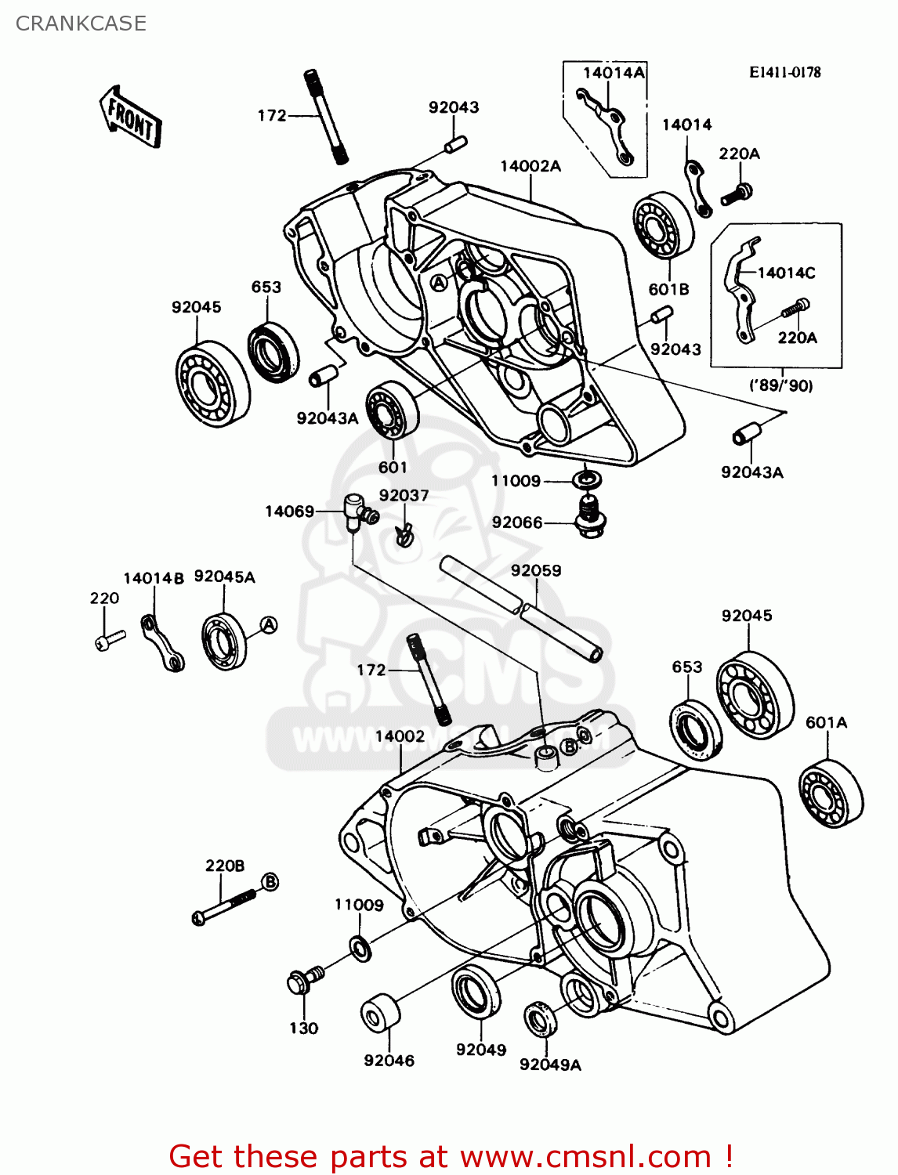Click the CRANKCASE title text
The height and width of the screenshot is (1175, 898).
(x=81, y=23)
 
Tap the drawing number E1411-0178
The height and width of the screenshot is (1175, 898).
(x=784, y=72)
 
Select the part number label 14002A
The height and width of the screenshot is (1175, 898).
(x=530, y=166)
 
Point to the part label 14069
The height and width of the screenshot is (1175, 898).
(x=289, y=512)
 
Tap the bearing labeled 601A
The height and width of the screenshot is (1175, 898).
(x=831, y=793)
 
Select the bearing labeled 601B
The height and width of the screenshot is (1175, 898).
(x=663, y=225)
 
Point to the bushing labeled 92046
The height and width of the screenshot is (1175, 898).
(x=380, y=1014)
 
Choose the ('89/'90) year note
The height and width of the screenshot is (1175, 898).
(x=781, y=385)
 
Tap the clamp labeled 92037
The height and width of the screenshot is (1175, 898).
(x=404, y=535)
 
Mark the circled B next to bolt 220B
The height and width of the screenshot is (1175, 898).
(x=269, y=882)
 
